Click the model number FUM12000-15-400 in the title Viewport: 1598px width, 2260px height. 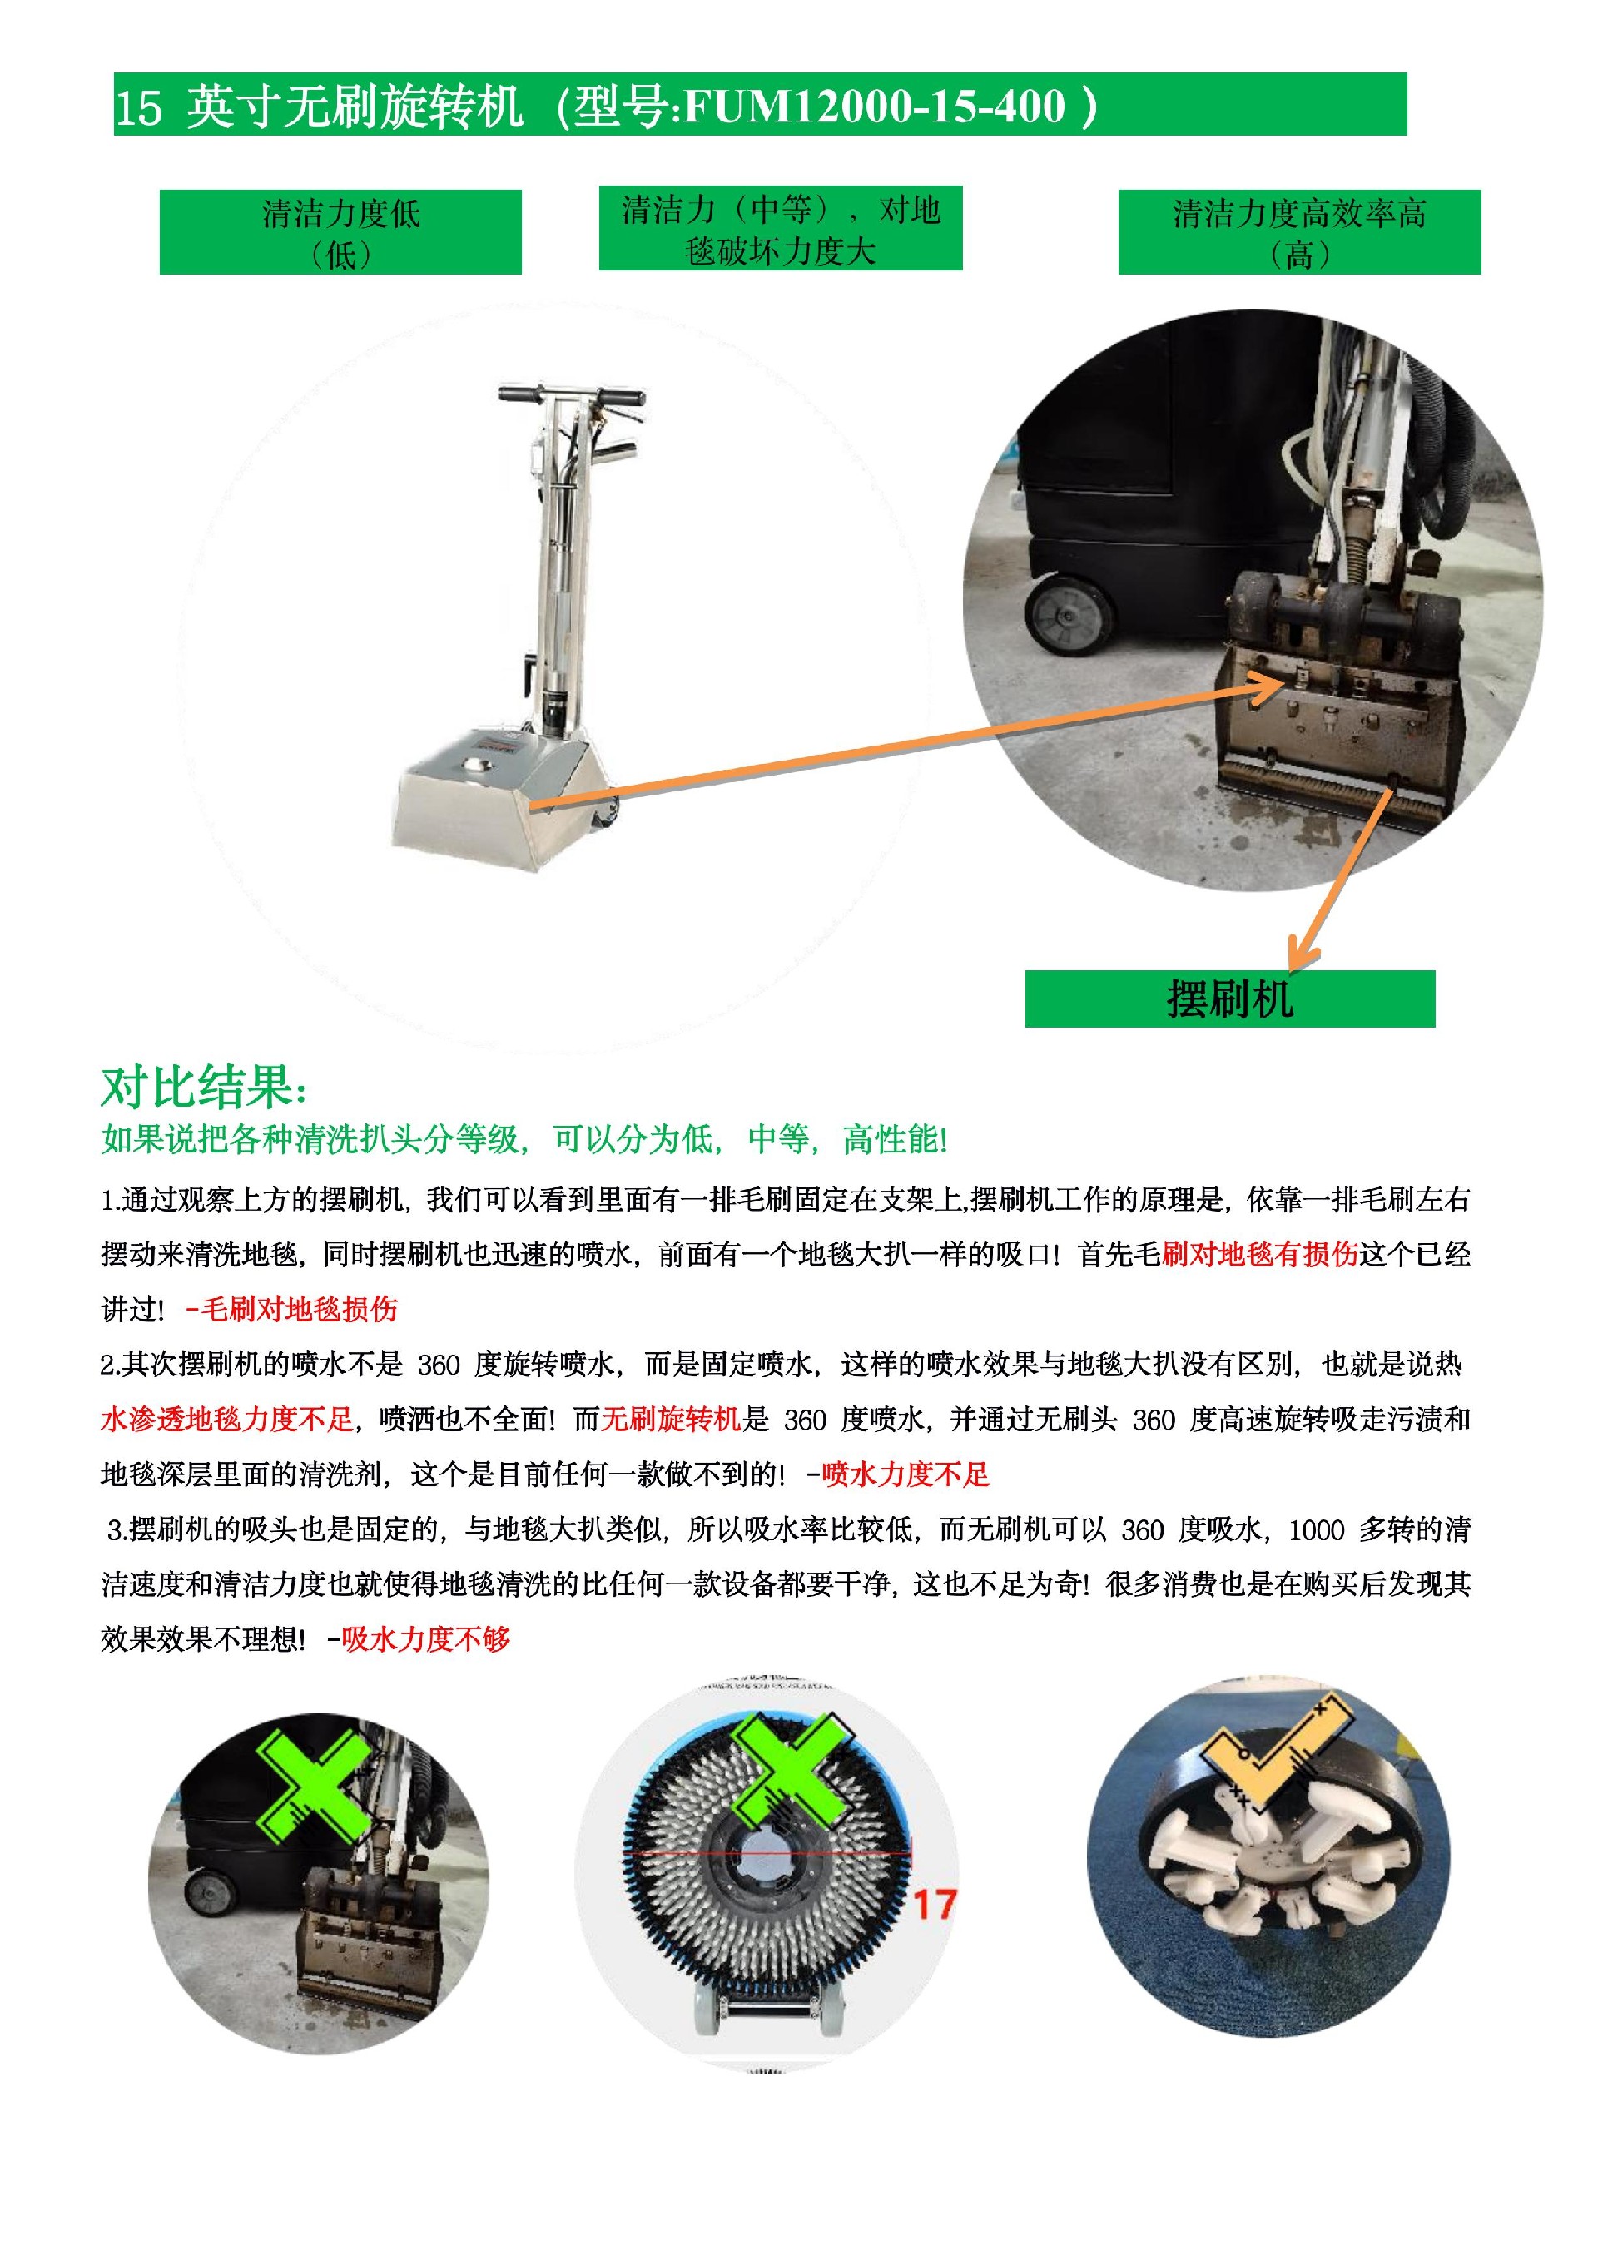click(872, 106)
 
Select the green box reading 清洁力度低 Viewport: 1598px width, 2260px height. click(340, 232)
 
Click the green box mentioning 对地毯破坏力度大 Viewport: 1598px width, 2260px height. click(780, 228)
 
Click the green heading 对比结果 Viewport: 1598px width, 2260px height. click(204, 1088)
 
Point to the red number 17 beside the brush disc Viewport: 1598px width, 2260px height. click(933, 1905)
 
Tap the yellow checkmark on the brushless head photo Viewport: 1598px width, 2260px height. click(1270, 1745)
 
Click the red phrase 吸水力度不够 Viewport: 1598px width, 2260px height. click(426, 1639)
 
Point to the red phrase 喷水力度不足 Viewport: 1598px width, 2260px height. click(905, 1474)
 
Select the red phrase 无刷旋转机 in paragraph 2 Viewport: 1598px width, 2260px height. click(671, 1419)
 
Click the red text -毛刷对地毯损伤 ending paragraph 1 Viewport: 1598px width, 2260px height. click(291, 1308)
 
